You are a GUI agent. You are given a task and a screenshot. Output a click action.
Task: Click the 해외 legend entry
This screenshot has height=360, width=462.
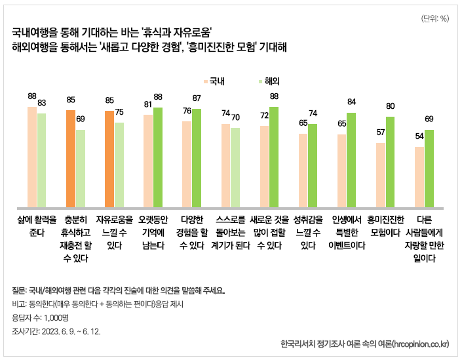[x=269, y=82]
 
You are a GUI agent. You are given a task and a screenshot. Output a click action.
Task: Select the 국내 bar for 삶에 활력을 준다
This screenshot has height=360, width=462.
[x=31, y=156]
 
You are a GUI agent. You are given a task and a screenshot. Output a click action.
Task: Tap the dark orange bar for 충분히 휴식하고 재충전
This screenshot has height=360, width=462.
[x=70, y=158]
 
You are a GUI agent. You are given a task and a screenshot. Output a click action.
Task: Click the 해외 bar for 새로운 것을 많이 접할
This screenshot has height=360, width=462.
[x=274, y=156]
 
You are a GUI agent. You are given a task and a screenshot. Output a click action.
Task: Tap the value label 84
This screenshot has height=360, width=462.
[x=351, y=102]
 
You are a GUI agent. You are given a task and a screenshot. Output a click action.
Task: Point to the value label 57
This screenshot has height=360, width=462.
[x=381, y=132]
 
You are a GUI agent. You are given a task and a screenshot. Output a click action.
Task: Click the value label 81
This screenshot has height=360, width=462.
[x=148, y=104]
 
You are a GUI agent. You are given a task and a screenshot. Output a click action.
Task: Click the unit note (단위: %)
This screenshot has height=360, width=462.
[x=434, y=18]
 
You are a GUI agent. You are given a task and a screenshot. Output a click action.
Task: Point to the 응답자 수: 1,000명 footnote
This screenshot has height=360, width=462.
[x=40, y=317]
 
